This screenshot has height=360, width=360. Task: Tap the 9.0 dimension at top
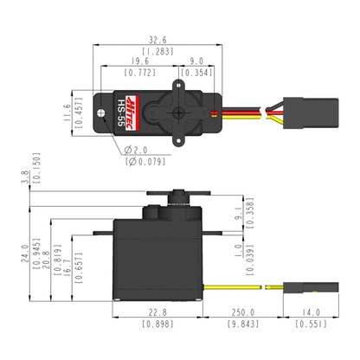pyautogui.click(x=196, y=61)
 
